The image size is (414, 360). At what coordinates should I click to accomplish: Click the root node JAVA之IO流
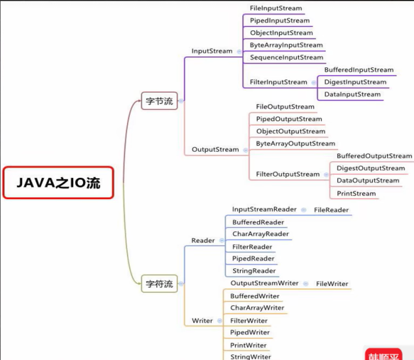tap(58, 183)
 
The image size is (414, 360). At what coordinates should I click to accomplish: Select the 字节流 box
tap(159, 101)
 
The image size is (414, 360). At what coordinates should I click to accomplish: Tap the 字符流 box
tap(159, 283)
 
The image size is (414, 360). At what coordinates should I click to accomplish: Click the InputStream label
tap(212, 51)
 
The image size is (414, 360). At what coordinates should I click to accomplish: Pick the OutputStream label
tap(215, 149)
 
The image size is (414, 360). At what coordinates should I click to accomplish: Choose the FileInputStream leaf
tap(276, 9)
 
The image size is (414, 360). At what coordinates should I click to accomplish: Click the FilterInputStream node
tap(279, 82)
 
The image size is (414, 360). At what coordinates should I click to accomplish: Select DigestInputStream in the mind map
tap(356, 82)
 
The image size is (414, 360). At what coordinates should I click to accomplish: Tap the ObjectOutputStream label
tap(291, 131)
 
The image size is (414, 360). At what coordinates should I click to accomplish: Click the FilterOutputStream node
tap(288, 174)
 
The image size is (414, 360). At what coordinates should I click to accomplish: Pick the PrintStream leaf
tap(356, 194)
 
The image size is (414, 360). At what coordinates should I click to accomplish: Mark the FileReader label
tap(331, 210)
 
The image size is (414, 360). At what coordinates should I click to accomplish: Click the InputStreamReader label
tap(264, 209)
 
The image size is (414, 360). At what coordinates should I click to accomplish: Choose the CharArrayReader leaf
tap(260, 234)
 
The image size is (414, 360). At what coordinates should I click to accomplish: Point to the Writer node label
tap(202, 321)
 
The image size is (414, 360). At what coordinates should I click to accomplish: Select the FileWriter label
tap(332, 283)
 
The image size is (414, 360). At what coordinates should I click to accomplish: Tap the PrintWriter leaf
tap(248, 345)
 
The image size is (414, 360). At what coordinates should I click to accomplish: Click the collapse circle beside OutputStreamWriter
tap(306, 283)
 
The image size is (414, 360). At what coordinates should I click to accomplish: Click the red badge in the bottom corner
tap(383, 355)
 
